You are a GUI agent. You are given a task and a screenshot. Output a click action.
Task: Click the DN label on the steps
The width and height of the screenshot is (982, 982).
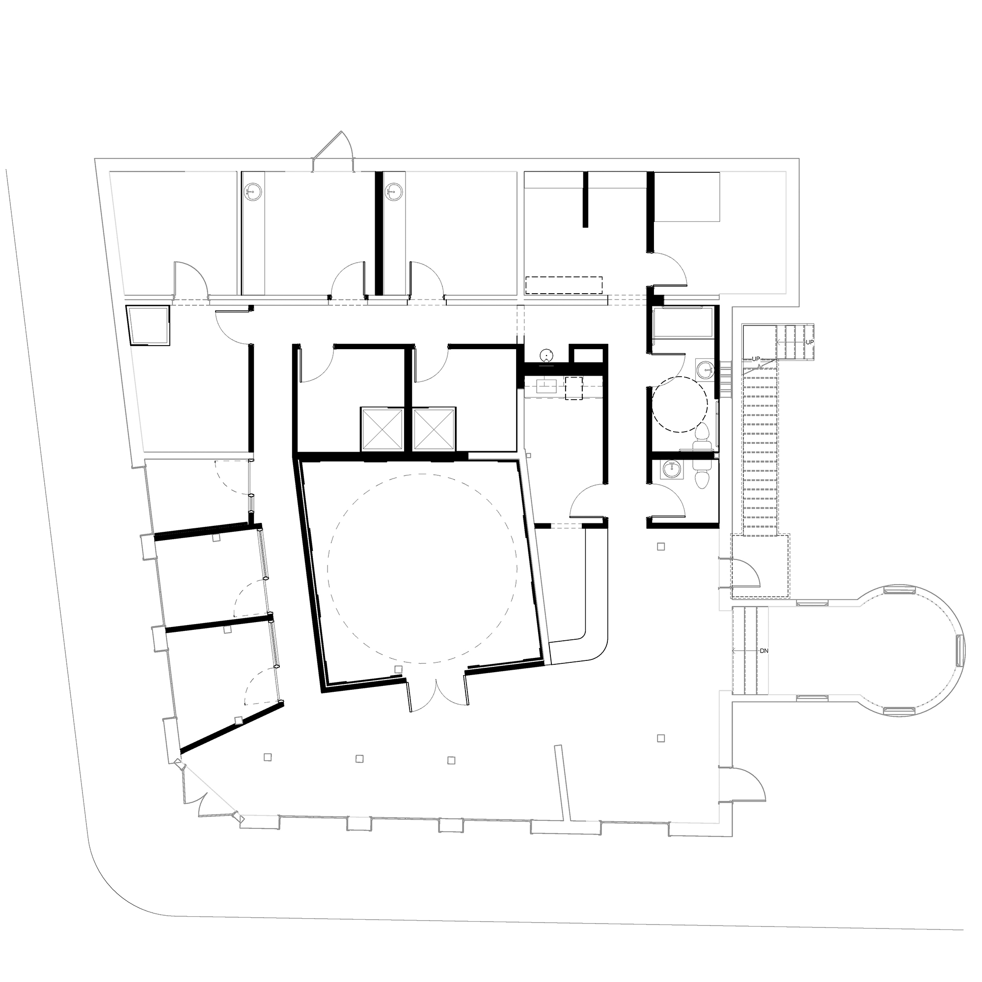coord(764,651)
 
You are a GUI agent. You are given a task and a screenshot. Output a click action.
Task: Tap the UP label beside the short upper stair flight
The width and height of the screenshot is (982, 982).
coord(810,342)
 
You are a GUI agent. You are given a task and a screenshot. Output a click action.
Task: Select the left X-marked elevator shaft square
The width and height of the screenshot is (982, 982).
coord(381,429)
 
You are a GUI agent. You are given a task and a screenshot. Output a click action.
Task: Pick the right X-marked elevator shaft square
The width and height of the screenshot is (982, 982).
coord(435,429)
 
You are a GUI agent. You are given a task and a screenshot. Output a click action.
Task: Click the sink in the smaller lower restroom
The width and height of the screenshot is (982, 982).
coord(672,470)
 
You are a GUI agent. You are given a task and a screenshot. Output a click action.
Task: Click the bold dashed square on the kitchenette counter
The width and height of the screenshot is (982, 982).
coord(574,389)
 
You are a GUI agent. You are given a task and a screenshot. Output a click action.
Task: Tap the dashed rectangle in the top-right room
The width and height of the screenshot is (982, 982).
coord(564,285)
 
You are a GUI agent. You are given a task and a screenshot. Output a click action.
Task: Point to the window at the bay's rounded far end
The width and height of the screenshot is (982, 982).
coord(959,651)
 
